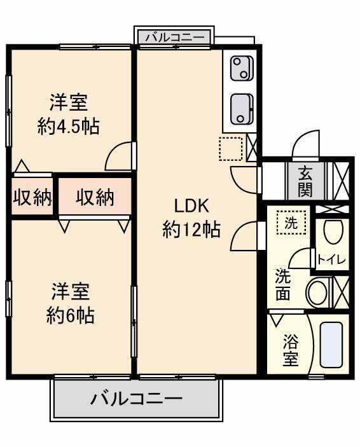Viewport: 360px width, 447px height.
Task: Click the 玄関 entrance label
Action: pos(305,182)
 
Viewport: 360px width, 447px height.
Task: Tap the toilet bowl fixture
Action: pos(333,232)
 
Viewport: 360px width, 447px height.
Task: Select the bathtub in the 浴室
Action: pos(331,345)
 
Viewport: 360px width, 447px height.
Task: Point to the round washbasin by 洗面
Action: pos(317,292)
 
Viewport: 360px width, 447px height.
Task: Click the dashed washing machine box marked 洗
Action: pos(291,223)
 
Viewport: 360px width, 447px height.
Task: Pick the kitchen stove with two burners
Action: pos(242,69)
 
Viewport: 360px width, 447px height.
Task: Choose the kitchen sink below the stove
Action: pos(242,109)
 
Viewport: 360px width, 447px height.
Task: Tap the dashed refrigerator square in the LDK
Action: pos(231,149)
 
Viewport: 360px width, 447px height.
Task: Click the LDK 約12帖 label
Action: pos(191,218)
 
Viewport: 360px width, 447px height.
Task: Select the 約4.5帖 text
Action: pos(69,127)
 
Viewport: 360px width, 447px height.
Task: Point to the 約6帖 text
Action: pos(70,315)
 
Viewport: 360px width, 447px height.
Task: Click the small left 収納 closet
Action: pos(32,196)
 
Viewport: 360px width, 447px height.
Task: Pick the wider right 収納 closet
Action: pos(95,196)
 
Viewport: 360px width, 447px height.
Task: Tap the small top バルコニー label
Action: pos(175,38)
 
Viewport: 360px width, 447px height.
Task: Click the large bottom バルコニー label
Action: pos(135,398)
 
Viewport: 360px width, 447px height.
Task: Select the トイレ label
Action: pos(331,259)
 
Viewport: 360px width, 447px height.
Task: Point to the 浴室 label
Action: pos(291,350)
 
